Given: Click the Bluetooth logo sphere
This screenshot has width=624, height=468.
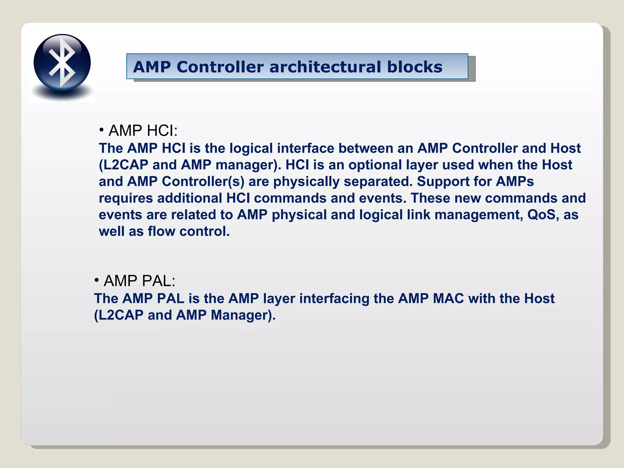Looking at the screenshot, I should [62, 62].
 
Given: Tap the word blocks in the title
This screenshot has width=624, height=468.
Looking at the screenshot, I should [414, 67].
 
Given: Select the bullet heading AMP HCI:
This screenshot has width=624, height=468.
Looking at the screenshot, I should [143, 130].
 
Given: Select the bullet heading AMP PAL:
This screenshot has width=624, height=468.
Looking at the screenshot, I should [139, 281].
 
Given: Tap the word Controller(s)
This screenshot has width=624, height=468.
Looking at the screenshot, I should [203, 182].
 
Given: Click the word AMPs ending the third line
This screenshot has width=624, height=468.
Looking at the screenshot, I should [515, 182].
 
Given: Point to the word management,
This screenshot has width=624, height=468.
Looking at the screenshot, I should [479, 215].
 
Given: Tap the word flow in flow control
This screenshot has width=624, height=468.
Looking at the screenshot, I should [161, 232].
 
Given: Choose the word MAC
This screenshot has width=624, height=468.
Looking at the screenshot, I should [448, 299].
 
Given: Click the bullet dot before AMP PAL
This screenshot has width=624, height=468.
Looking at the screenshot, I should [97, 280].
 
